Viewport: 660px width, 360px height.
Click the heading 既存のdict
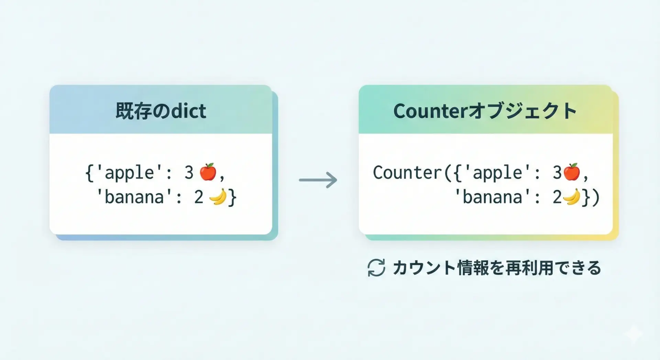[161, 111]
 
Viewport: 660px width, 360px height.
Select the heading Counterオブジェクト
[485, 111]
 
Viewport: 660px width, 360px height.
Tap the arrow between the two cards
[318, 180]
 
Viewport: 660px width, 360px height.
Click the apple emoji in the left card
[208, 172]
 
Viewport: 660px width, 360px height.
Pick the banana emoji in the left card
[218, 197]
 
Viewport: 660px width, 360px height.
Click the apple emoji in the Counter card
[572, 172]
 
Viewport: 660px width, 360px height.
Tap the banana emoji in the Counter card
[572, 197]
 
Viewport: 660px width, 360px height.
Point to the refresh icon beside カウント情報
[376, 268]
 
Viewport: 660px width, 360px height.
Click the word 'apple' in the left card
[130, 173]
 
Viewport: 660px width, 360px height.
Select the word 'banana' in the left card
[134, 197]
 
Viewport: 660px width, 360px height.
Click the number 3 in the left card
[189, 172]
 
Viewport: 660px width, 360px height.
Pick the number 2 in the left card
[199, 197]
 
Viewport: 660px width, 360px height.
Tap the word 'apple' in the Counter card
[498, 173]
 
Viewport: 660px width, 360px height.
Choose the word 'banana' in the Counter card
[493, 197]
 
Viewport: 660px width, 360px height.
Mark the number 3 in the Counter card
[557, 172]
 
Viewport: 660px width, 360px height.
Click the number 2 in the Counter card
[557, 197]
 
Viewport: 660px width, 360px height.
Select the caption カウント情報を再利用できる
[497, 268]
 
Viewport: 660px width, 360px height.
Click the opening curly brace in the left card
[89, 173]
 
